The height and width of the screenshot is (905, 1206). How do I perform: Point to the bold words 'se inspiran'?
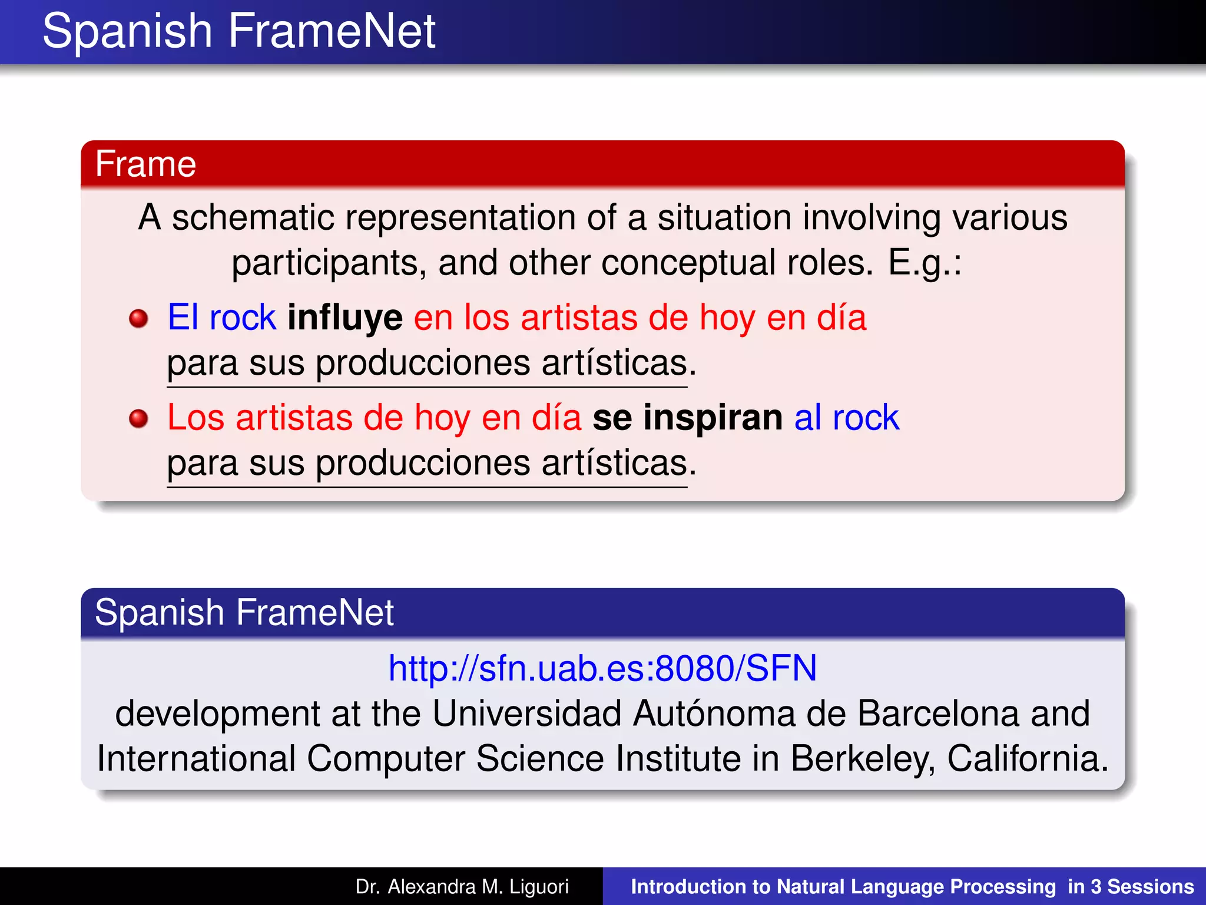pyautogui.click(x=687, y=418)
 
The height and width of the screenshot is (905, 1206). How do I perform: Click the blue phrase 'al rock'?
pyautogui.click(x=846, y=418)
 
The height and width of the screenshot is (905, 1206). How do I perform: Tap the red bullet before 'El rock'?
pyautogui.click(x=138, y=319)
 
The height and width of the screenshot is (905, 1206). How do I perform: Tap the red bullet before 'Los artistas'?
pyautogui.click(x=138, y=419)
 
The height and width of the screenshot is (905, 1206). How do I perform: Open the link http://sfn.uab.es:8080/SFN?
pyautogui.click(x=602, y=668)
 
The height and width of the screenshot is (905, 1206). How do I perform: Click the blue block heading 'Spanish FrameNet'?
pyautogui.click(x=244, y=612)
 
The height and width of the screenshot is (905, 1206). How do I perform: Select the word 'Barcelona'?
pyautogui.click(x=937, y=714)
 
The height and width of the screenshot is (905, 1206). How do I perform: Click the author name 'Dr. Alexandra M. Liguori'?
pyautogui.click(x=462, y=887)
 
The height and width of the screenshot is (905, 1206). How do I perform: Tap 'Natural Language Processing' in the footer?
pyautogui.click(x=916, y=887)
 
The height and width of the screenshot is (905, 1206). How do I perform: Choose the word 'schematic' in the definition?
pyautogui.click(x=253, y=217)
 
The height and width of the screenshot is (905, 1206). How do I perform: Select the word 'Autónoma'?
pyautogui.click(x=714, y=714)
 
